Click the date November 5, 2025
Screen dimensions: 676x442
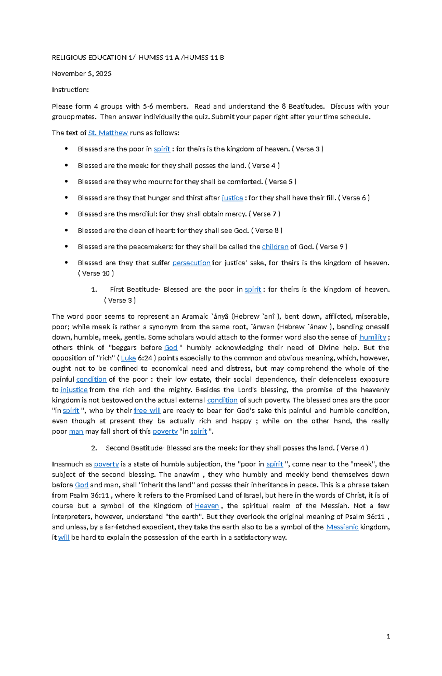coord(81,74)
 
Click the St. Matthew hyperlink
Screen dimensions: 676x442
coord(108,133)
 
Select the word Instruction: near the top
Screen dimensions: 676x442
coord(70,90)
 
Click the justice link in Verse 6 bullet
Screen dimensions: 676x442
coord(232,198)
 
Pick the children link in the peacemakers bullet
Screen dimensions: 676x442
coord(275,247)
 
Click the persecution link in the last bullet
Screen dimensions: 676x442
coord(191,263)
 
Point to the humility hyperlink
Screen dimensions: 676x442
coord(373,337)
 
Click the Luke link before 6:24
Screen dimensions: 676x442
coord(128,358)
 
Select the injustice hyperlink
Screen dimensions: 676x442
coord(74,390)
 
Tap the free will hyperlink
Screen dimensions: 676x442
coord(147,411)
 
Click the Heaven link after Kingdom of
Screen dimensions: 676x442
coord(207,506)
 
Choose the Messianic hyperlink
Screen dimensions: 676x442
coord(342,527)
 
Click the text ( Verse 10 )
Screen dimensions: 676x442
coord(96,273)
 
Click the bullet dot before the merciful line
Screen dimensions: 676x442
coord(66,214)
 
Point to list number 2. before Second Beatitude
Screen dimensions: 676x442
coord(94,448)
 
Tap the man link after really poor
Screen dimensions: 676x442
coord(76,432)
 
